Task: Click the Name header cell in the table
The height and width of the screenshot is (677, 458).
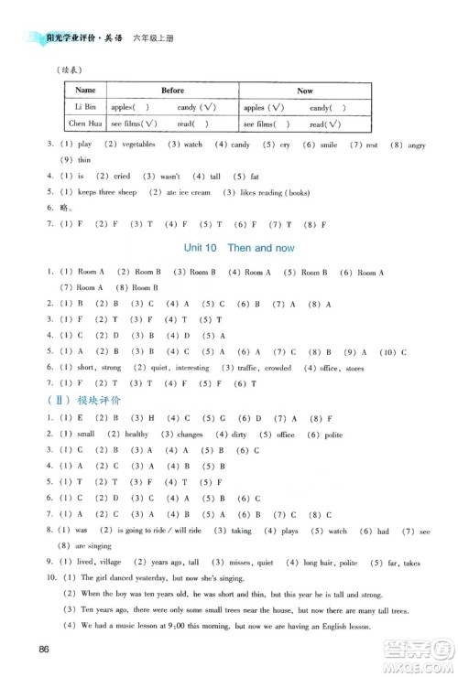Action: tap(84, 91)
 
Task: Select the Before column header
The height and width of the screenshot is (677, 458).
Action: tap(172, 91)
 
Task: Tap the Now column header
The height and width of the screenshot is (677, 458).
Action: tap(305, 91)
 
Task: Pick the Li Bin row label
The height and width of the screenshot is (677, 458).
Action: tap(84, 107)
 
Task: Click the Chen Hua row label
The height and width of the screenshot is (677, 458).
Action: tap(84, 124)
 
